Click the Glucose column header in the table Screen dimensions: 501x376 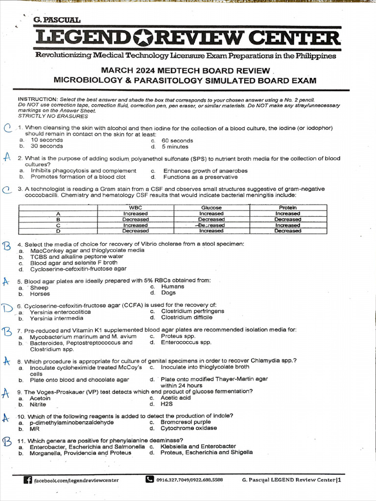coord(211,207)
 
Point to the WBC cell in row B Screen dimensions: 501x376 coord(136,219)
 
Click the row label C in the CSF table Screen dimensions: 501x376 coord(58,225)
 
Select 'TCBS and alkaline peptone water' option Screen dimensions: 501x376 coord(76,256)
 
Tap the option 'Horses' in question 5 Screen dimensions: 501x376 coord(40,294)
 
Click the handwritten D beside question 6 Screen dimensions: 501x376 coord(7,308)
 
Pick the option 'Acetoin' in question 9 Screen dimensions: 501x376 coord(40,398)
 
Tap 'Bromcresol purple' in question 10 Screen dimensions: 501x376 coord(186,422)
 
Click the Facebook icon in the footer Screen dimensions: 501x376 coord(28,480)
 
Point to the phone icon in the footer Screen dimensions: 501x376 coord(150,480)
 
